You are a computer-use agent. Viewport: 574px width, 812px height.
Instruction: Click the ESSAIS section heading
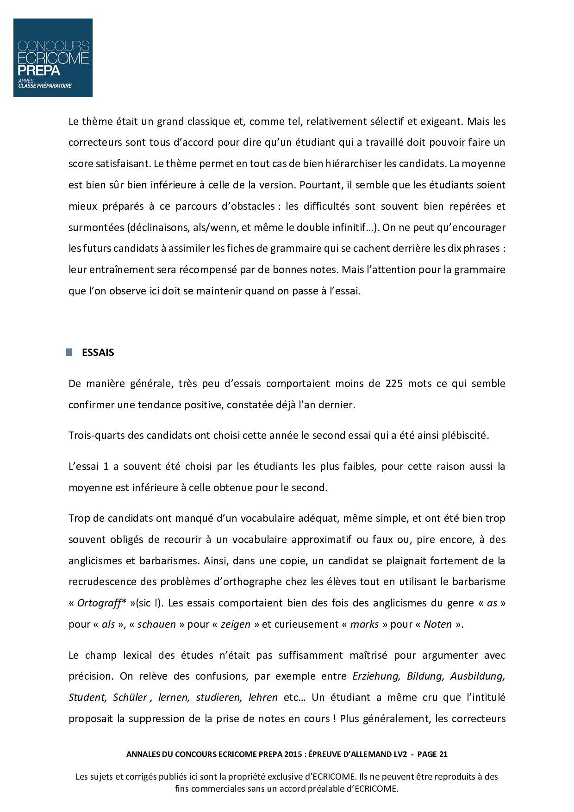coord(98,352)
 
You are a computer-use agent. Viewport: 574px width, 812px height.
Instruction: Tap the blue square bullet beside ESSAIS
coord(69,352)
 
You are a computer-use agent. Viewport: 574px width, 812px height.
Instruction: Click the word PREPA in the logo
coord(39,70)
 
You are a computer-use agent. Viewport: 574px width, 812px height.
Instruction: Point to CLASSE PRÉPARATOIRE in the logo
coord(45,86)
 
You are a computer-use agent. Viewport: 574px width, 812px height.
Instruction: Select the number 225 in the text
coord(394,383)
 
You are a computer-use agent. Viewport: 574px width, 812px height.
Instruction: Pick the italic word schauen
coord(156,624)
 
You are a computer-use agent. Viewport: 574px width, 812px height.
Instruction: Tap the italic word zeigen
coord(235,624)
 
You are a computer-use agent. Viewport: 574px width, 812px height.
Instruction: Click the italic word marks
coord(364,624)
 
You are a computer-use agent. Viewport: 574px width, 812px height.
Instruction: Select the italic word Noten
coord(437,624)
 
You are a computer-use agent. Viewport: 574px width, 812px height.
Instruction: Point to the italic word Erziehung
coord(375,676)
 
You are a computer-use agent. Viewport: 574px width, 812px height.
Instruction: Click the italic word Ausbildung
coord(477,676)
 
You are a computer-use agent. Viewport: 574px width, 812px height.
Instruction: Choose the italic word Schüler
coord(130,697)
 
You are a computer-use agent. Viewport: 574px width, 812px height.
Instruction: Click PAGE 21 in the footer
coord(432,754)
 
